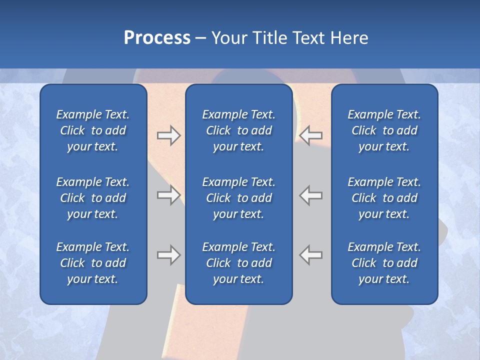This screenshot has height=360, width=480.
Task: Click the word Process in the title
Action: click(157, 38)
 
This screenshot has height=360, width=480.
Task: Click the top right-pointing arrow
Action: click(168, 135)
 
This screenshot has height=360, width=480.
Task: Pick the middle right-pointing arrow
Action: click(168, 195)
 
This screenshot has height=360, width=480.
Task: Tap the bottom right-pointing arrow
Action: click(168, 255)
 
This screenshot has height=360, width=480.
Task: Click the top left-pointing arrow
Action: click(311, 135)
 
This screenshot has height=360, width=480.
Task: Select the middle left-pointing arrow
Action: click(311, 195)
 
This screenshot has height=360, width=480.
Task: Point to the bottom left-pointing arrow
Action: click(311, 255)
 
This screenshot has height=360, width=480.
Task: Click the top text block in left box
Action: click(93, 130)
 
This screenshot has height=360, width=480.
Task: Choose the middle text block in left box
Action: click(93, 198)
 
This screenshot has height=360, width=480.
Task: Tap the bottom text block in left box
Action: click(93, 263)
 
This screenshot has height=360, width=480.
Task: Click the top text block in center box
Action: click(238, 130)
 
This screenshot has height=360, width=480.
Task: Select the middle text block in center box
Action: click(238, 198)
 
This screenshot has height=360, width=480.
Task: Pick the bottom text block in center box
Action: click(238, 263)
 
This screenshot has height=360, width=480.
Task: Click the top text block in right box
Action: click(384, 130)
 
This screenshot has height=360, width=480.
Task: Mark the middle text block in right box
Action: click(384, 198)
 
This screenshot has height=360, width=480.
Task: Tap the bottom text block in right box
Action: click(384, 263)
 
